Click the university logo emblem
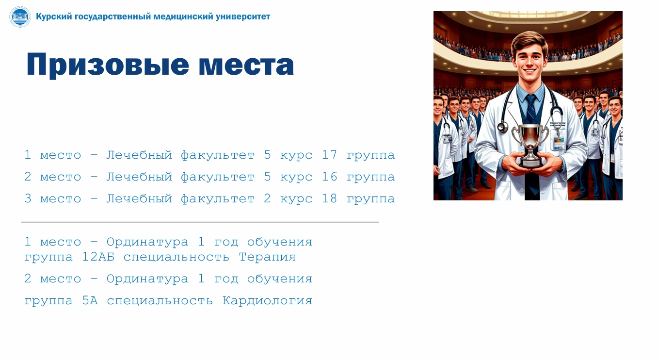pos(20,17)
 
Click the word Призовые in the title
pos(108,65)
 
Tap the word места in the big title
pos(246,65)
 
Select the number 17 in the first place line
pos(329,155)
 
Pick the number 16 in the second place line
pos(329,176)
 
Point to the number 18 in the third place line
pos(329,198)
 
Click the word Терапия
pos(267,257)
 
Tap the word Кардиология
pos(267,301)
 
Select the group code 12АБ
pos(98,257)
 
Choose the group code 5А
pos(90,300)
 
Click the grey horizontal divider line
pos(200,223)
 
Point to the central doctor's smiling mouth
pos(530,71)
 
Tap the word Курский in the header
pos(54,17)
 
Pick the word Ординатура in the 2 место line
pos(147,278)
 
